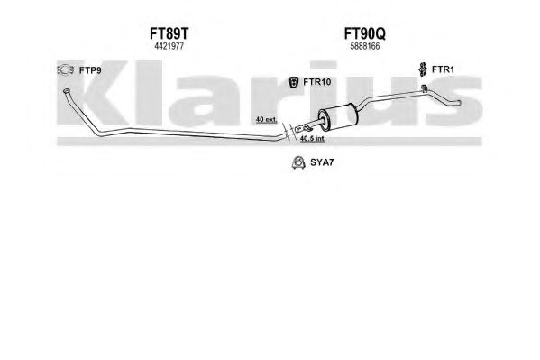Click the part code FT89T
tap(169, 33)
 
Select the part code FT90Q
tap(365, 33)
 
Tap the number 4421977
tap(169, 46)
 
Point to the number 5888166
tap(365, 46)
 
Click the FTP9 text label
tap(90, 70)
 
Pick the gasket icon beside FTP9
tap(66, 70)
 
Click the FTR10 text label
tap(316, 82)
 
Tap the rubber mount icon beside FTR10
tap(293, 82)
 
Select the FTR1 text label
tap(443, 69)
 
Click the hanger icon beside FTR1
tap(422, 69)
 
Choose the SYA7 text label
tap(322, 162)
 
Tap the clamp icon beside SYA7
tap(298, 162)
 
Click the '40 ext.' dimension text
tap(266, 120)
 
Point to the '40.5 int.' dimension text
tap(313, 139)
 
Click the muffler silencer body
tap(338, 117)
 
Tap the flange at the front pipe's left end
tap(66, 91)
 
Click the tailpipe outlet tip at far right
tap(459, 102)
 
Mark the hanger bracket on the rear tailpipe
tap(425, 88)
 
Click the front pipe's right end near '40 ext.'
tap(285, 136)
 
